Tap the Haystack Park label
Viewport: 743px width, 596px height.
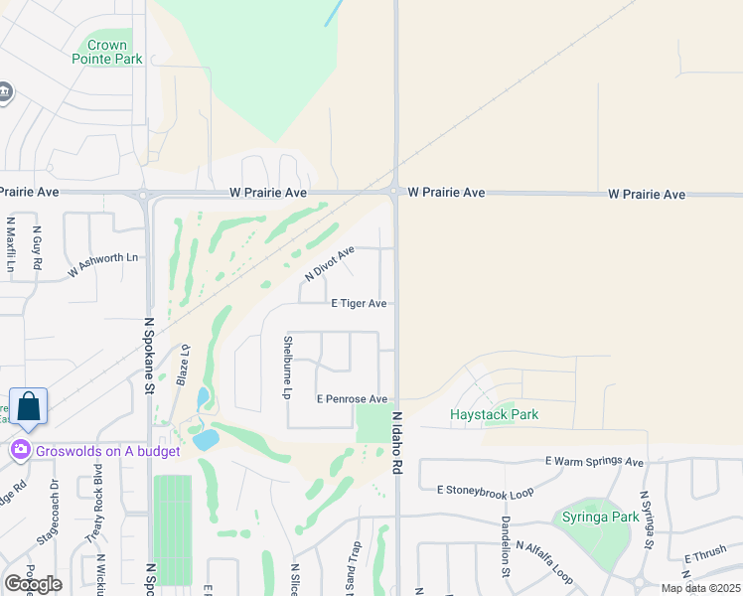(494, 414)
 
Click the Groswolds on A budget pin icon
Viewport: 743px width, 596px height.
(20, 451)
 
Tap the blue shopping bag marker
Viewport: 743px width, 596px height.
(28, 406)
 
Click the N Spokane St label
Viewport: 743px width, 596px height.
(150, 356)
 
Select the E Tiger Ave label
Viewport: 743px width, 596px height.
(359, 304)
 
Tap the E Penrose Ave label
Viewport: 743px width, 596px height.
(352, 398)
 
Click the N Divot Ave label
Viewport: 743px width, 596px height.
(330, 263)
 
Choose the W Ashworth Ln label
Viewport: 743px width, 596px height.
(103, 264)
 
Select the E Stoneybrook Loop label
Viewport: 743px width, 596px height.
(485, 491)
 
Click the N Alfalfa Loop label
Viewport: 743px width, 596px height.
(544, 561)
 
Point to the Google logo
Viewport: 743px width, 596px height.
(33, 584)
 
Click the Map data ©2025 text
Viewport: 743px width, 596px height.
(701, 588)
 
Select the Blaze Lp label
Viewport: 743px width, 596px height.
(183, 364)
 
